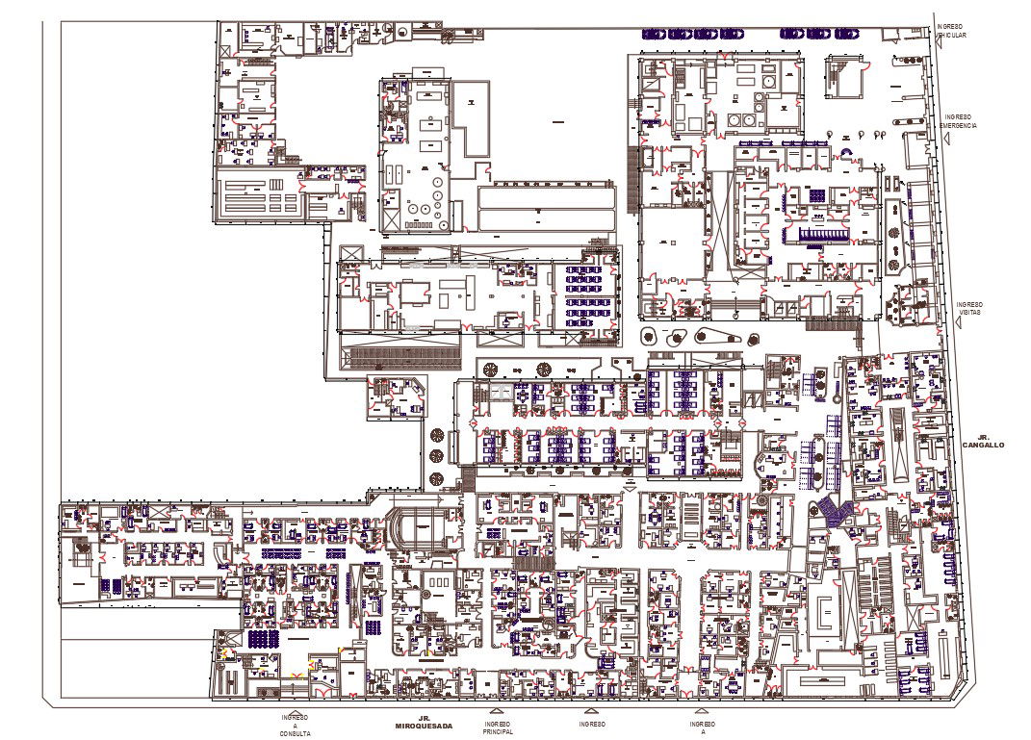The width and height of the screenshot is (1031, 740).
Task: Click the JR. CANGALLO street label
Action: [x=983, y=441]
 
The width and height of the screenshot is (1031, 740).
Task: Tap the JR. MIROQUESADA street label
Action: [x=424, y=722]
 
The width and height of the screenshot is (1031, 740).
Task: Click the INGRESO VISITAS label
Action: [x=969, y=308]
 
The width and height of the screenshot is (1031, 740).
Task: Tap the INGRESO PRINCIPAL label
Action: [x=498, y=727]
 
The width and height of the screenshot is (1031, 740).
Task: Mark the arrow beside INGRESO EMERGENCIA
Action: [x=947, y=138]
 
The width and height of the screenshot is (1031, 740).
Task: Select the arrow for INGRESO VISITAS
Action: [x=960, y=325]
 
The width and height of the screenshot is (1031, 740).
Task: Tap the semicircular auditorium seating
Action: [x=420, y=527]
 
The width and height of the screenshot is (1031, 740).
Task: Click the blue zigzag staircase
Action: [x=834, y=511]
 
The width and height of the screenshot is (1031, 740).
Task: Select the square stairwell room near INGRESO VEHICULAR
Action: [x=845, y=75]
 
